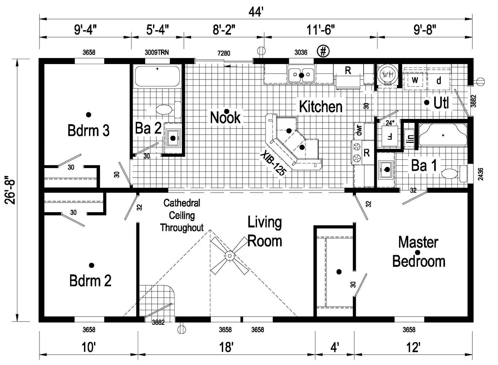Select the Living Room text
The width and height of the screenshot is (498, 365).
pyautogui.click(x=265, y=231)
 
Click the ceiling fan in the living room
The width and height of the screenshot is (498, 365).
pyautogui.click(x=229, y=256)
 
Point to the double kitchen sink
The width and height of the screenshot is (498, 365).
pyautogui.click(x=301, y=74)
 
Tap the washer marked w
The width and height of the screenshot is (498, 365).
pyautogui.click(x=415, y=80)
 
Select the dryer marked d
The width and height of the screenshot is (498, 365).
pyautogui.click(x=439, y=80)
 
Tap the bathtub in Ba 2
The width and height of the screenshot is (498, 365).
pyautogui.click(x=157, y=76)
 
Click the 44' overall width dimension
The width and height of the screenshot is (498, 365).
pyautogui.click(x=256, y=12)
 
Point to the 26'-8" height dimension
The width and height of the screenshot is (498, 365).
pyautogui.click(x=10, y=190)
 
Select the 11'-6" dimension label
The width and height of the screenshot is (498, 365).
pyautogui.click(x=320, y=30)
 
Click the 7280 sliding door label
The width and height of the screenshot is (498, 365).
pyautogui.click(x=224, y=53)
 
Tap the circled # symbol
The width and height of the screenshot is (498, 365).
pyautogui.click(x=323, y=51)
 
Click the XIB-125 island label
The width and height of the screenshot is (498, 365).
pyautogui.click(x=273, y=163)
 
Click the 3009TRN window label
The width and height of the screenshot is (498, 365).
pyautogui.click(x=157, y=52)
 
